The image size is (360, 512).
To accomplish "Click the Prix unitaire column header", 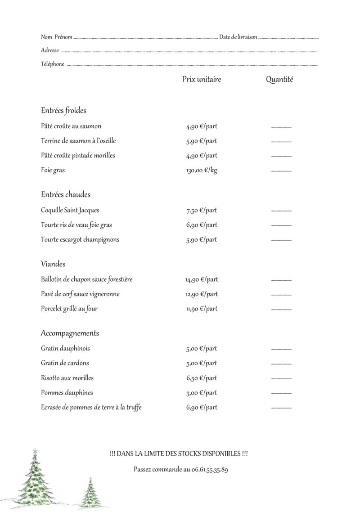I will [202, 80].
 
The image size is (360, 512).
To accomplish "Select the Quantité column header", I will [279, 80].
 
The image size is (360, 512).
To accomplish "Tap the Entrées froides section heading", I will [63, 110].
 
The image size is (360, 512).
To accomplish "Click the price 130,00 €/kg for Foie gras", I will [202, 171].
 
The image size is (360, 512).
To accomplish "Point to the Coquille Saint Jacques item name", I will [70, 210].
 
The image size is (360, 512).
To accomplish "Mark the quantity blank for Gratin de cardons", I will [281, 364].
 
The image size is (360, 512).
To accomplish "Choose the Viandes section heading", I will [53, 264].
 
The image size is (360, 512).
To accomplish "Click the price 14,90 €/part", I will [202, 279].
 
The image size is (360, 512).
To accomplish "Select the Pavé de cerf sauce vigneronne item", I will [80, 294].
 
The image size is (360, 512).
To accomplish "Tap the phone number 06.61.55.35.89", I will [206, 470].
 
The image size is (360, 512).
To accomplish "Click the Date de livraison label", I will [238, 37].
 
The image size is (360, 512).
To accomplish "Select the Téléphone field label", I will [52, 64].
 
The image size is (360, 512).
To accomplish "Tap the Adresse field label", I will [49, 50].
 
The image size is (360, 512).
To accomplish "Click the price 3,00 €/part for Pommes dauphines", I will [202, 393].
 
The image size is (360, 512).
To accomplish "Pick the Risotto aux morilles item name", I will [67, 378].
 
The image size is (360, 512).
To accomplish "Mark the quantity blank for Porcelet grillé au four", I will [281, 310].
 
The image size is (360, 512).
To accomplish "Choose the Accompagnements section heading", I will [70, 333].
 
